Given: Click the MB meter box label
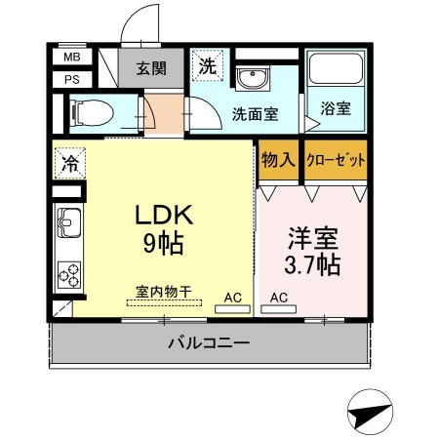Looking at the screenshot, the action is (72, 57).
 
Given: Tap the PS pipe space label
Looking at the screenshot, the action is (72, 79).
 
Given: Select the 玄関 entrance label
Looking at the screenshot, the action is (151, 68).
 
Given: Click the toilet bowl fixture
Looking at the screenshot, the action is (92, 113).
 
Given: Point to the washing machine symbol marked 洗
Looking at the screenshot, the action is (208, 65).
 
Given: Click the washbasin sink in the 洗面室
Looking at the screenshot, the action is (253, 78).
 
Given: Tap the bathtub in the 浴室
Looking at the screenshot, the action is (336, 68).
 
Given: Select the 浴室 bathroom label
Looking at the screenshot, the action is (336, 108).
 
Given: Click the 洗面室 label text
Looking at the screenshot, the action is (255, 114).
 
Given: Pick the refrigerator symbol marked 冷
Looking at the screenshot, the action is (70, 163).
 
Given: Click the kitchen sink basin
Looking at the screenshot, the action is (69, 222).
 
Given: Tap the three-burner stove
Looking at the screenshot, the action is (69, 275).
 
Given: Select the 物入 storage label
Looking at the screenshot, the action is (278, 160).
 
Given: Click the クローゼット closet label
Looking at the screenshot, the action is (336, 160).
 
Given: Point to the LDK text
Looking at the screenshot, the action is (164, 215).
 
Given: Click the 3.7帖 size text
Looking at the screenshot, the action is (312, 264).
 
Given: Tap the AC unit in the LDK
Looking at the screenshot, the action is (232, 309).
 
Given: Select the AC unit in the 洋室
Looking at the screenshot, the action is (278, 309).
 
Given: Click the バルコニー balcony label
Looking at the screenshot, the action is (209, 342).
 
